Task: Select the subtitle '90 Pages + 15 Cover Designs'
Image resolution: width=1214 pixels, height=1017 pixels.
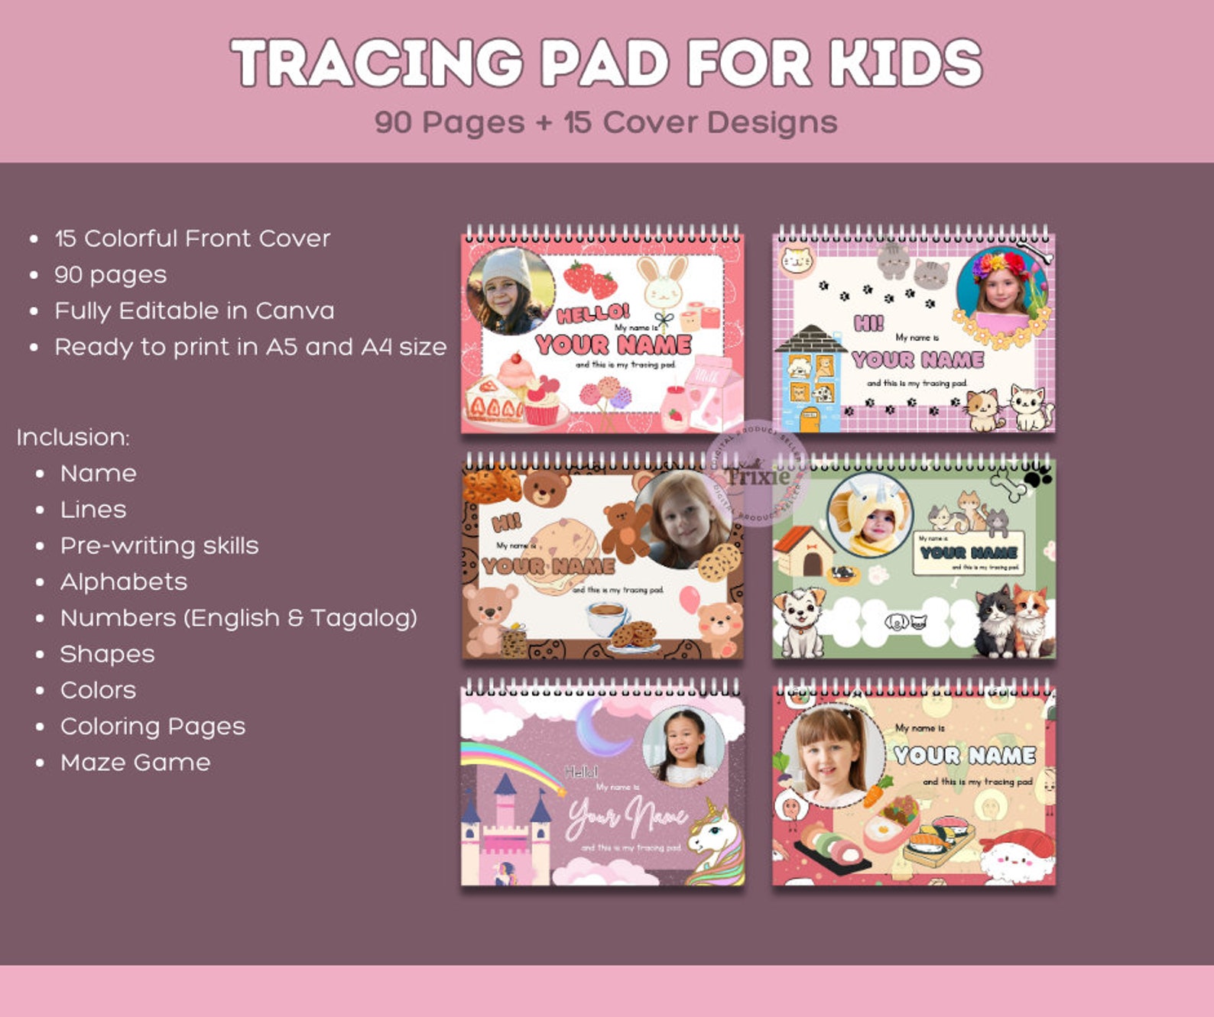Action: [x=605, y=122]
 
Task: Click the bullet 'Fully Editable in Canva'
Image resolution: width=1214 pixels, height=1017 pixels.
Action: [x=194, y=311]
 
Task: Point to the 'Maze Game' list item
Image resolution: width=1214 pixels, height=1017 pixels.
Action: [x=135, y=763]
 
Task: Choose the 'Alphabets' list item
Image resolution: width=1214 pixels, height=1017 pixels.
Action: [x=124, y=582]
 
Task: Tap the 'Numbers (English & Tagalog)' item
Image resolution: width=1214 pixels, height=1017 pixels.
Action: [x=239, y=618]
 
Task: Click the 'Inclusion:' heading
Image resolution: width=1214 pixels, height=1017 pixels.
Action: [x=73, y=437]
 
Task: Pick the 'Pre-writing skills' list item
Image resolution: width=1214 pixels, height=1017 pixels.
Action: [x=159, y=546]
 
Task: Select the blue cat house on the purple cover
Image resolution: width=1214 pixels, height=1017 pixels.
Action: [x=809, y=378]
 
